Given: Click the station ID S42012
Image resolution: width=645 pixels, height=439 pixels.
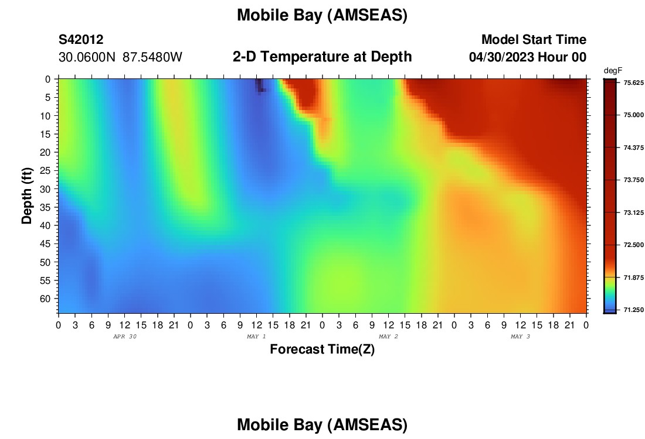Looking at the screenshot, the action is click(x=81, y=39).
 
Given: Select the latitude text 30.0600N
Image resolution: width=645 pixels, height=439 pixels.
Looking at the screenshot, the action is click(x=87, y=57).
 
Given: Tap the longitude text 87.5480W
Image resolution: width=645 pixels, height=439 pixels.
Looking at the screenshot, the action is click(x=152, y=57).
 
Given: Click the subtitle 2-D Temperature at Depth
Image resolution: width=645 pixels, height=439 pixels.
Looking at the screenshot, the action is click(x=322, y=57).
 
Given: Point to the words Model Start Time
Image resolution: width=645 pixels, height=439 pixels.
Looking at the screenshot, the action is click(x=534, y=39).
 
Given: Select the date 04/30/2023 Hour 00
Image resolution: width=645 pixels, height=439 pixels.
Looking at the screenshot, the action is click(x=528, y=57).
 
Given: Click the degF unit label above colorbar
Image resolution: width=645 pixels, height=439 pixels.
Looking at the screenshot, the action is click(x=613, y=71).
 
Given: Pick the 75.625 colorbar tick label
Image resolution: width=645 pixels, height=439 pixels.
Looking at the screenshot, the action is click(x=633, y=83).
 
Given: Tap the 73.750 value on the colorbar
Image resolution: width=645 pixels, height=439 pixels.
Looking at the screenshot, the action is click(x=633, y=180).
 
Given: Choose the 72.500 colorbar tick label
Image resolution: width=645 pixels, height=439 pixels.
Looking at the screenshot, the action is click(x=633, y=245).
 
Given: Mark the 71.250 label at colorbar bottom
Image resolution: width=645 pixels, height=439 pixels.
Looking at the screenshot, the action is click(x=633, y=310).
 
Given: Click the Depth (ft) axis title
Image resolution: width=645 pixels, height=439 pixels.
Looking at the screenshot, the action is click(x=27, y=196).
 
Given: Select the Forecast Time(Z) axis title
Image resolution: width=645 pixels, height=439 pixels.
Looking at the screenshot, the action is click(x=322, y=349).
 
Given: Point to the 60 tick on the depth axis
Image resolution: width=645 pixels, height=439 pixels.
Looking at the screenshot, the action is click(x=45, y=299).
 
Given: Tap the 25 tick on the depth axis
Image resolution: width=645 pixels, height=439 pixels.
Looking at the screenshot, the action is click(x=45, y=170).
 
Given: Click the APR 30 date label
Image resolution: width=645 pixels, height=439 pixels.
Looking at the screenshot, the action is click(x=125, y=337).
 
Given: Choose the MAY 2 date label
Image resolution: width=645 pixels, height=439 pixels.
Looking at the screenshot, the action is click(x=388, y=337).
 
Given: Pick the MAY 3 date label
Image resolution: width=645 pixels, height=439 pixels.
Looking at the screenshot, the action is click(x=520, y=337).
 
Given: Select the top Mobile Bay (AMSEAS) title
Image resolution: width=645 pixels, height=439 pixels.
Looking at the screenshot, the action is click(x=322, y=16).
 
